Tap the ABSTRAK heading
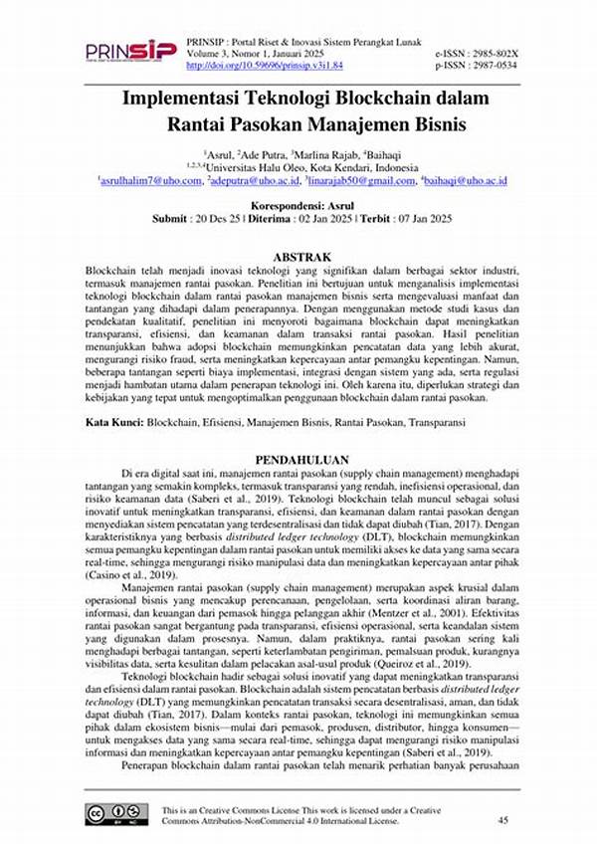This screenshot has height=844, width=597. (301, 256)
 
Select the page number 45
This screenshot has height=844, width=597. (502, 819)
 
